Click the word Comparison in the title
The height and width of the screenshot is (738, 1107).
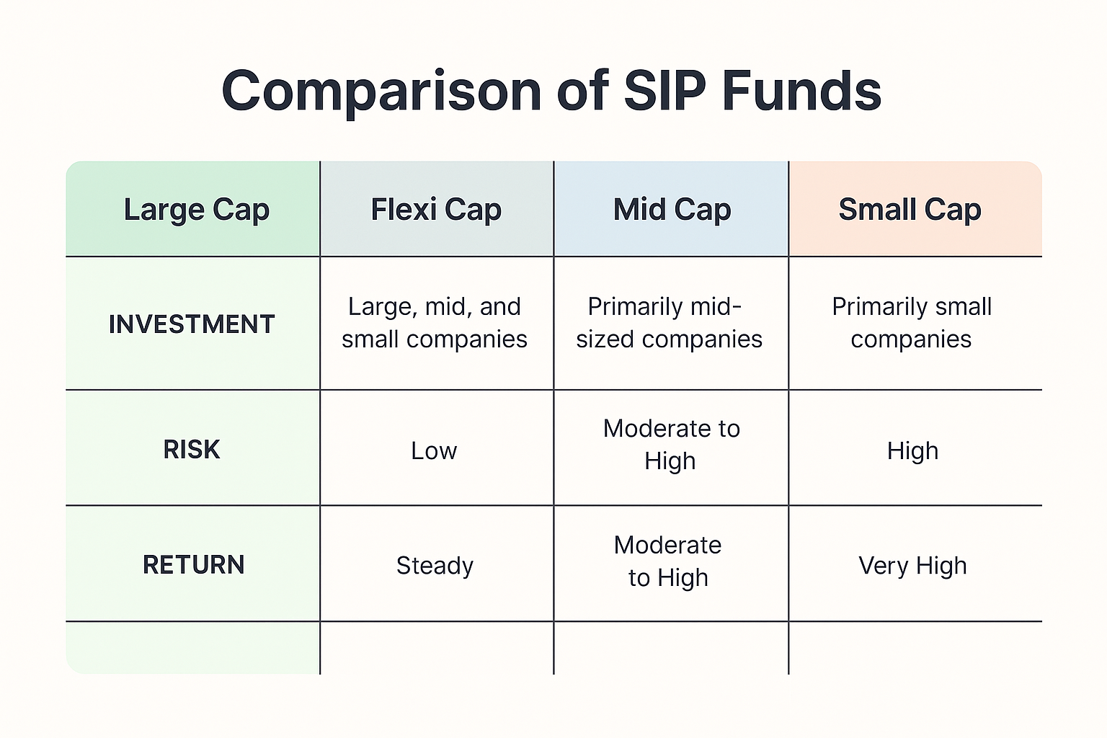coord(382,92)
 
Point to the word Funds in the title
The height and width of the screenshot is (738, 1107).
coord(801,92)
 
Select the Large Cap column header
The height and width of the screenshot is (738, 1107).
coord(196,210)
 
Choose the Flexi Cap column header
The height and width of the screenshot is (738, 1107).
coord(436,210)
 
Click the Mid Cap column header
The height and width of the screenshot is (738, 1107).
coord(672,210)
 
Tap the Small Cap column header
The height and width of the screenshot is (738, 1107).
coord(910,210)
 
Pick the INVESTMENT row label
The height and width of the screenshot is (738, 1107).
coord(192,324)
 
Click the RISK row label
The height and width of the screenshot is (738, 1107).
coord(192,450)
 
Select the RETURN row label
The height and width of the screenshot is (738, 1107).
coord(193,565)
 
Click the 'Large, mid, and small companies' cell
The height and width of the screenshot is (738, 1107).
coord(435,323)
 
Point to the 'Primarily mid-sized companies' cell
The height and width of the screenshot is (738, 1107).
coord(669,323)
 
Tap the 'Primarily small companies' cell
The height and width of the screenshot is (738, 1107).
coord(912,323)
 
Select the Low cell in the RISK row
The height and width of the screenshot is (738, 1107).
coord(434,451)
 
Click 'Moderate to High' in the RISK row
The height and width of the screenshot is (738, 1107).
coord(671,445)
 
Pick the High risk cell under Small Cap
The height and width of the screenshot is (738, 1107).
coord(912,451)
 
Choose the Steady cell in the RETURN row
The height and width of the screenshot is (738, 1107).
coord(435,566)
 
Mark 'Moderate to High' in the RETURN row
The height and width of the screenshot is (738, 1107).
coord(668,561)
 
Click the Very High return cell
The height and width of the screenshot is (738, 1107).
coord(912,566)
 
